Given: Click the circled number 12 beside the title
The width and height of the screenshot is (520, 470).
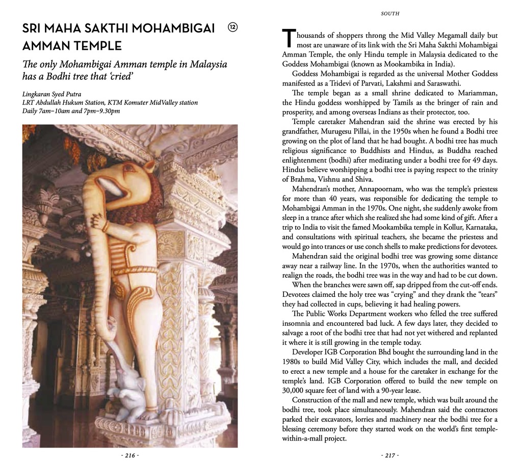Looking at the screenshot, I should [232, 27].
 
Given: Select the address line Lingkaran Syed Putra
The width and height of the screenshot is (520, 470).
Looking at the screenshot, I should [52, 94].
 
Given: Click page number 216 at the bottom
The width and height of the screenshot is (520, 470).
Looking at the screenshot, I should [130, 455].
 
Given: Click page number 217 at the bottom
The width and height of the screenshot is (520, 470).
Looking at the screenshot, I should [390, 455].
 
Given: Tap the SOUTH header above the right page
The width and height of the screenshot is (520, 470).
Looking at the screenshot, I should [390, 14].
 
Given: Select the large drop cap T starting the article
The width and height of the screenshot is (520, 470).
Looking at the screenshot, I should [288, 39].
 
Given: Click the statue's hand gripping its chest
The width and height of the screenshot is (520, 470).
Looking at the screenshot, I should [98, 220].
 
